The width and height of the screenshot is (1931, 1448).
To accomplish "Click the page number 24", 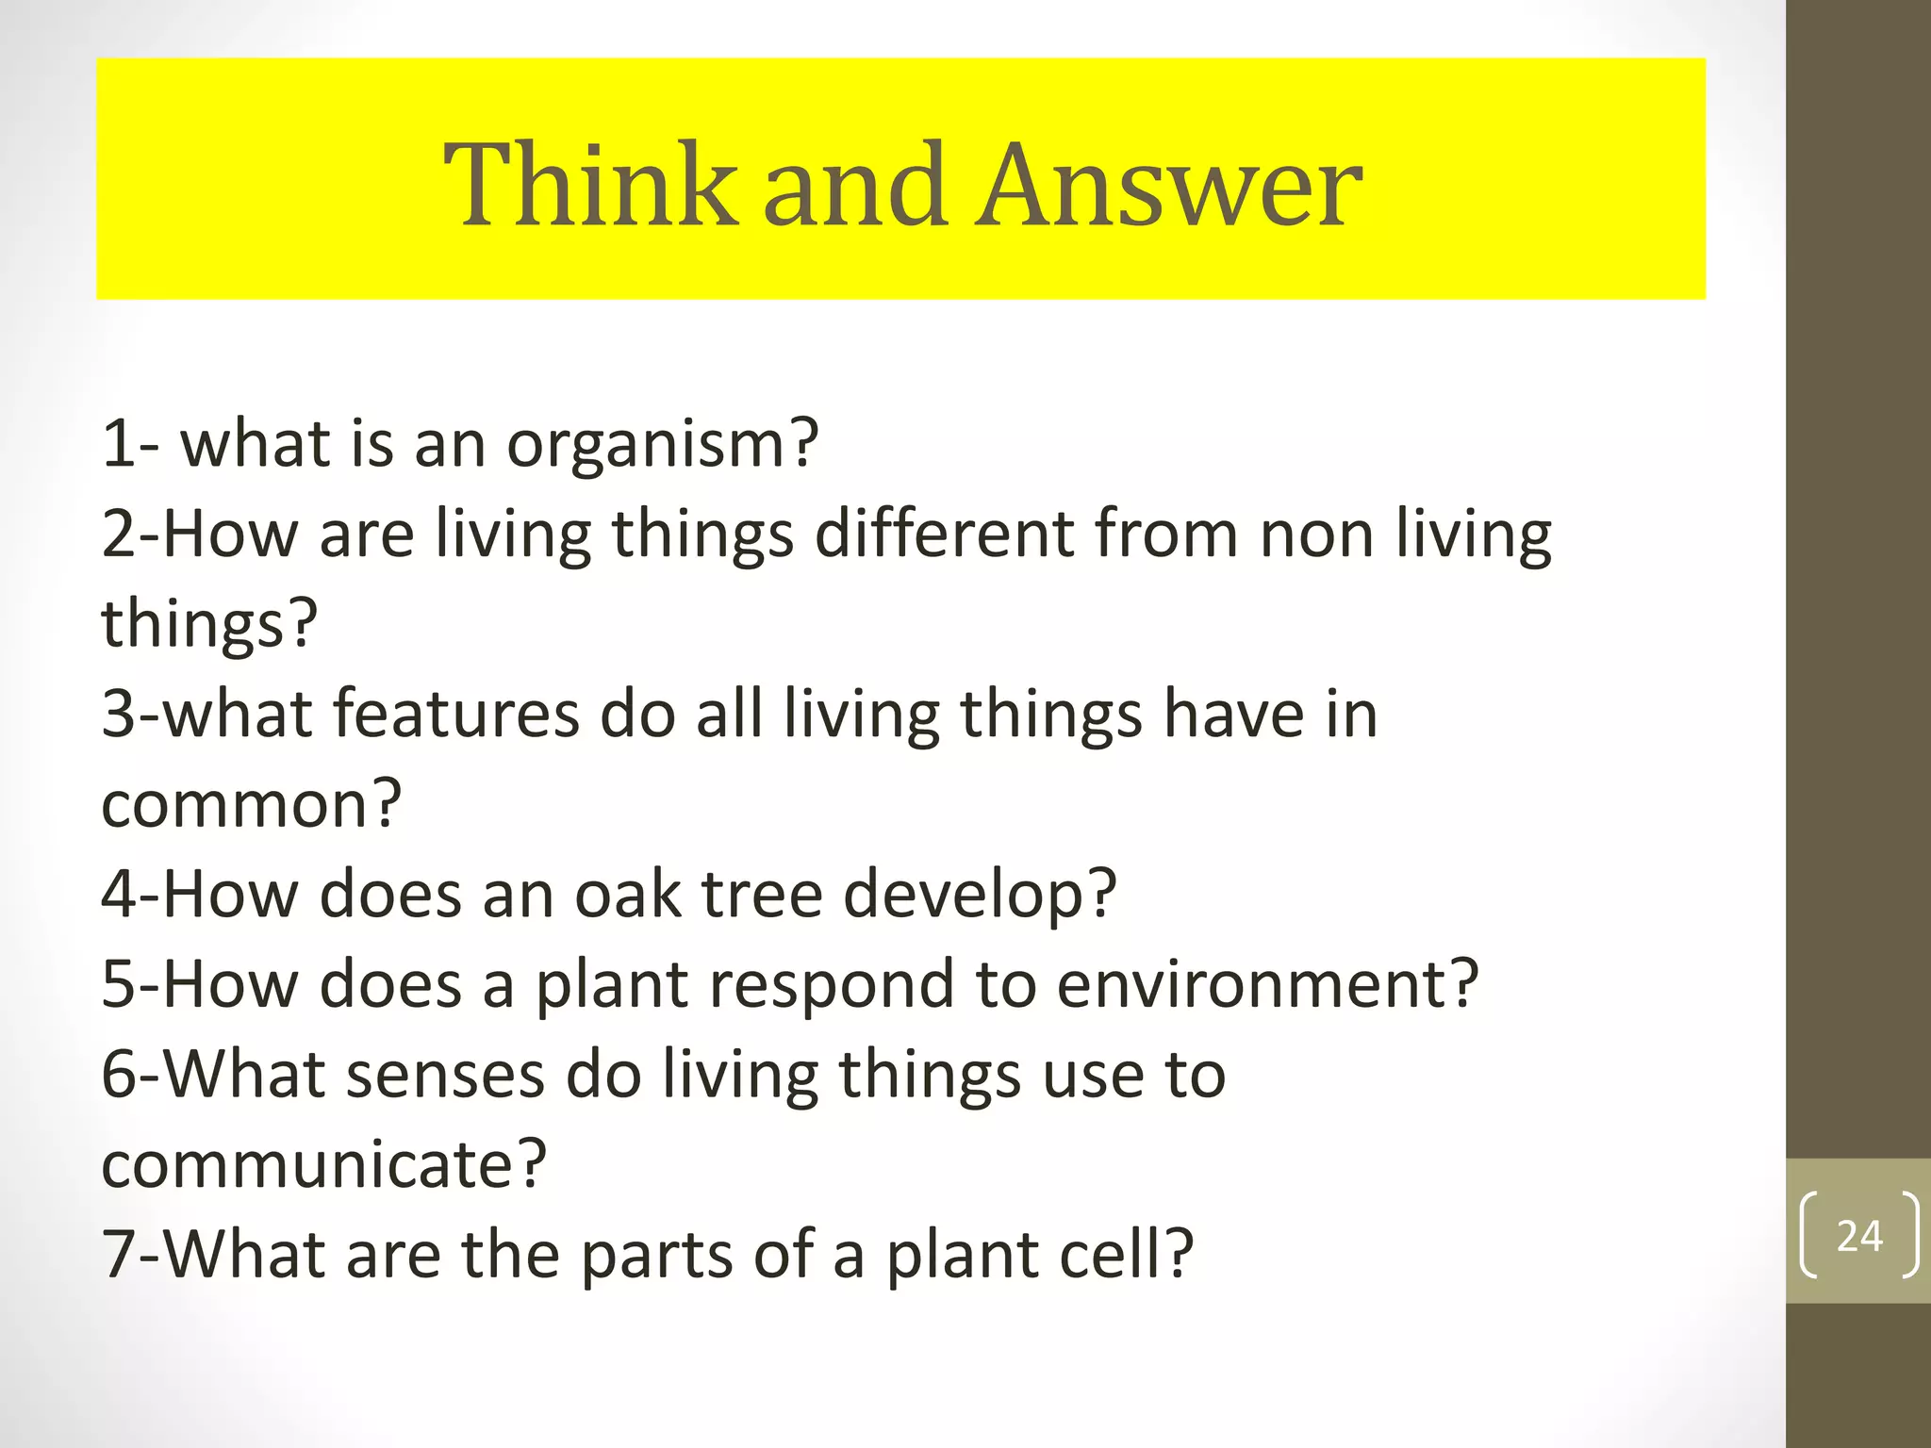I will [x=1859, y=1236].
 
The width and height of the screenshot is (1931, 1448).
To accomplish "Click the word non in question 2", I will [x=1316, y=534].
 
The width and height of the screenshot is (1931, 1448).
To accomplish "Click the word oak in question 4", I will [x=628, y=894].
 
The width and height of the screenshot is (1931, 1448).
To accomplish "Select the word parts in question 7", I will [x=656, y=1257].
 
